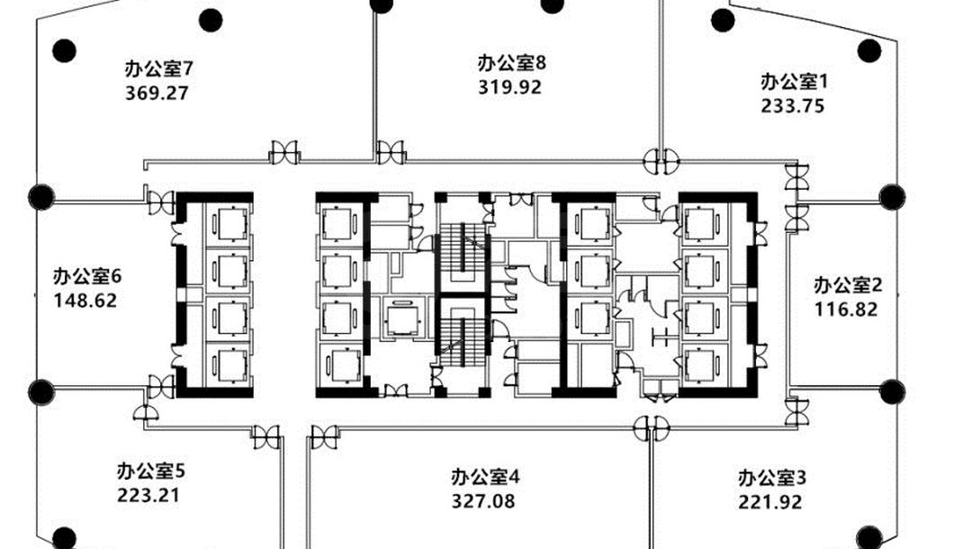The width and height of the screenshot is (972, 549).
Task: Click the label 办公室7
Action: [159, 68]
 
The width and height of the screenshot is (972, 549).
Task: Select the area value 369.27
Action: [157, 93]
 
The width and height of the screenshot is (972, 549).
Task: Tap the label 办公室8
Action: [512, 63]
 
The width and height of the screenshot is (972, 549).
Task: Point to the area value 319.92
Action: [509, 86]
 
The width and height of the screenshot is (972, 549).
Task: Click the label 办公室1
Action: [795, 81]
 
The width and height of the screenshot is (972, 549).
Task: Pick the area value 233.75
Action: [793, 106]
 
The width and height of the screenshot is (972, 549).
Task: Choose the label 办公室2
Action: [848, 285]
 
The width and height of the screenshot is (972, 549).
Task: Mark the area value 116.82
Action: [846, 310]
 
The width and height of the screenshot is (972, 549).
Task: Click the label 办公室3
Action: [772, 478]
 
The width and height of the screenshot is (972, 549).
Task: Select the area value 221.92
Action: [769, 502]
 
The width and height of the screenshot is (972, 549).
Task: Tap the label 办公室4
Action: [485, 476]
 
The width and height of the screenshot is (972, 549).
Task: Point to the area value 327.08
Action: [483, 500]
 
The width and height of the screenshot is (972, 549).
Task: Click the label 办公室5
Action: [150, 471]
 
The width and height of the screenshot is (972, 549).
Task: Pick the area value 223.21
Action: [148, 496]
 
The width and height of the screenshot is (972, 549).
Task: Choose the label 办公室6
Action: [87, 275]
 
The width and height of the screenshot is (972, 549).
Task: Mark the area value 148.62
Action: [85, 301]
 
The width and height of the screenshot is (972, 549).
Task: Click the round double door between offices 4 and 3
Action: [652, 428]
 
